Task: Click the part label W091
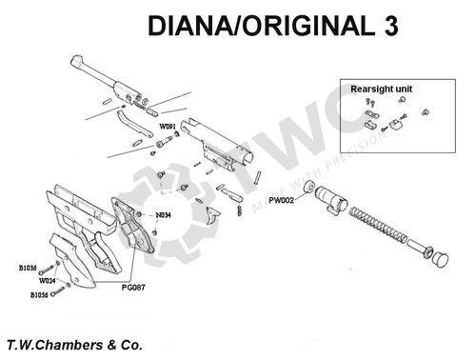(168, 127)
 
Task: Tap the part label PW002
(281, 200)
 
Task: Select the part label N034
(163, 215)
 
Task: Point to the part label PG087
(133, 288)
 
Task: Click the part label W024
(47, 281)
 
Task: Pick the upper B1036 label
(28, 268)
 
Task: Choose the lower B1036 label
(39, 295)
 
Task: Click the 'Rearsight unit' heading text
(381, 89)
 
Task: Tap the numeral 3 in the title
(391, 26)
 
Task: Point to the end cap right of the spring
(440, 260)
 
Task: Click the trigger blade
(211, 216)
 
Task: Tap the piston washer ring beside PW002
(308, 187)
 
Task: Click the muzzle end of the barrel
(76, 60)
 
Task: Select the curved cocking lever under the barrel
(134, 124)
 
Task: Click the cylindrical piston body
(331, 198)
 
